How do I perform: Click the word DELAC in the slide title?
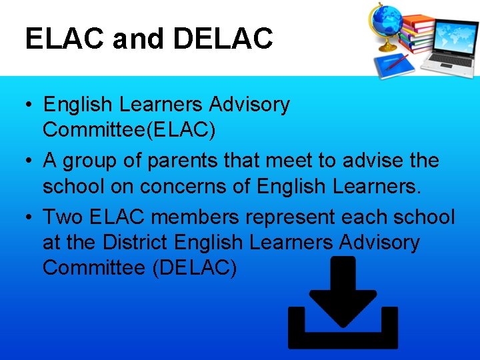tap(223, 38)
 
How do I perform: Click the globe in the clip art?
tap(388, 24)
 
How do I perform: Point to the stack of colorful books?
tap(417, 33)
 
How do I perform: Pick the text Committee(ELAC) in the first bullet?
tap(129, 130)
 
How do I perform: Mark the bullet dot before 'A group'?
tap(29, 161)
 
